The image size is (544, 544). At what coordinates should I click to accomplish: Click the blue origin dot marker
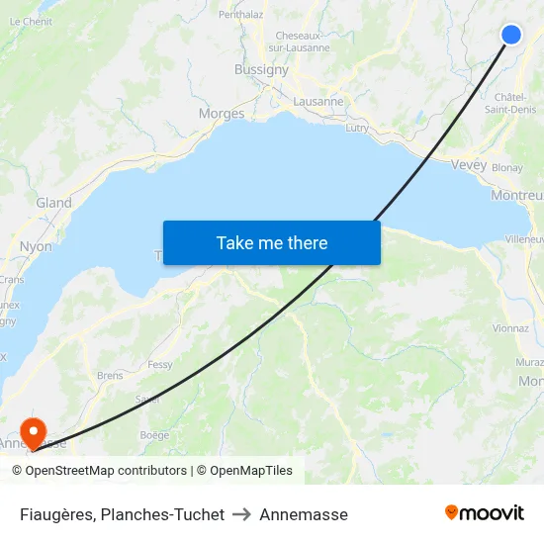(511, 35)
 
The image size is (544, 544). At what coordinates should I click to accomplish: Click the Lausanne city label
(318, 101)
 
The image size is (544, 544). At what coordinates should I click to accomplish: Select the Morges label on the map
(222, 114)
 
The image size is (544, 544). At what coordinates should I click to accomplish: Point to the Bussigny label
(261, 70)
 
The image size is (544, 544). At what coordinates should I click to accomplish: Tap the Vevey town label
(468, 165)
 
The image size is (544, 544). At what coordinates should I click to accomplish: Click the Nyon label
(36, 246)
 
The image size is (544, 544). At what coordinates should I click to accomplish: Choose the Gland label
(53, 203)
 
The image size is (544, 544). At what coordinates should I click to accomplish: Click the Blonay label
(506, 168)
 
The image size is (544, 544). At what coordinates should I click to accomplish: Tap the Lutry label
(357, 129)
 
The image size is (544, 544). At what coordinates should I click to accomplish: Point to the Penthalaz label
(240, 15)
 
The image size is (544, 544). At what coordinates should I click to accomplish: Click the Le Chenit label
(31, 21)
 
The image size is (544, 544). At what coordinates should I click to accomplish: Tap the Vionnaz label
(510, 327)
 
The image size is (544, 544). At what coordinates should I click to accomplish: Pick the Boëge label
(154, 434)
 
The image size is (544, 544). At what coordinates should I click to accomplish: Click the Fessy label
(159, 365)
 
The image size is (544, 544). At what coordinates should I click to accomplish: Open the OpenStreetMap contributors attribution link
(106, 471)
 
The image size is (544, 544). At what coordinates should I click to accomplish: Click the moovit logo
(485, 513)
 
